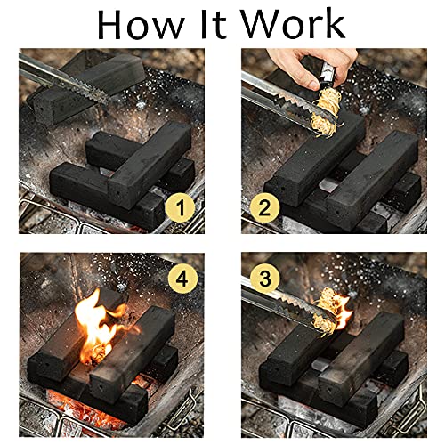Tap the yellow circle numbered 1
point(182,209)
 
